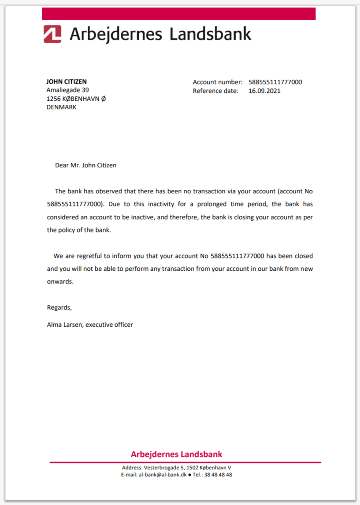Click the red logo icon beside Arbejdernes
coord(52,34)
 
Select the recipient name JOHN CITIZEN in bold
coord(67,81)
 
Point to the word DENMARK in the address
coord(61,107)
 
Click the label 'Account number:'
coord(218,82)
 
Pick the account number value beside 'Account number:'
coord(275,82)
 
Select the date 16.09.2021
coord(264,91)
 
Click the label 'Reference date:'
coord(215,91)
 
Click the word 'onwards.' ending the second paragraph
coord(60,282)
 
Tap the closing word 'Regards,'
coord(59,307)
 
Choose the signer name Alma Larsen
coord(64,325)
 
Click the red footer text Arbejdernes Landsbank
coord(176,454)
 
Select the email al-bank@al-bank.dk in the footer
coord(162,475)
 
